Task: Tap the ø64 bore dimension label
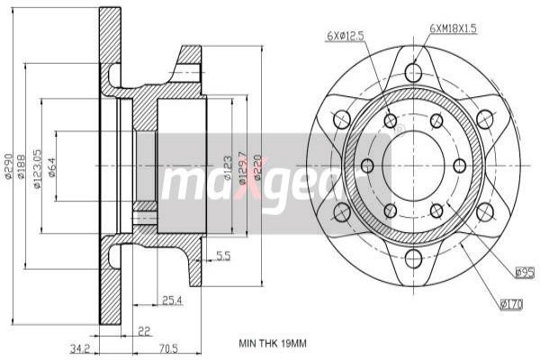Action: point(52,166)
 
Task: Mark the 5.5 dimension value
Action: point(223,256)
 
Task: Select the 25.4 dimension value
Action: point(172,300)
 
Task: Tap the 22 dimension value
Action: point(144,331)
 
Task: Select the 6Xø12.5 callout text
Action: point(345,36)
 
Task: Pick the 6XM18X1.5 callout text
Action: point(453,29)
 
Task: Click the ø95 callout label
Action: point(524,271)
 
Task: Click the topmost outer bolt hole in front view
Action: point(413,72)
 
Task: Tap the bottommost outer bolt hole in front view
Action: point(413,259)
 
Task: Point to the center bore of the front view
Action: point(413,166)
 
